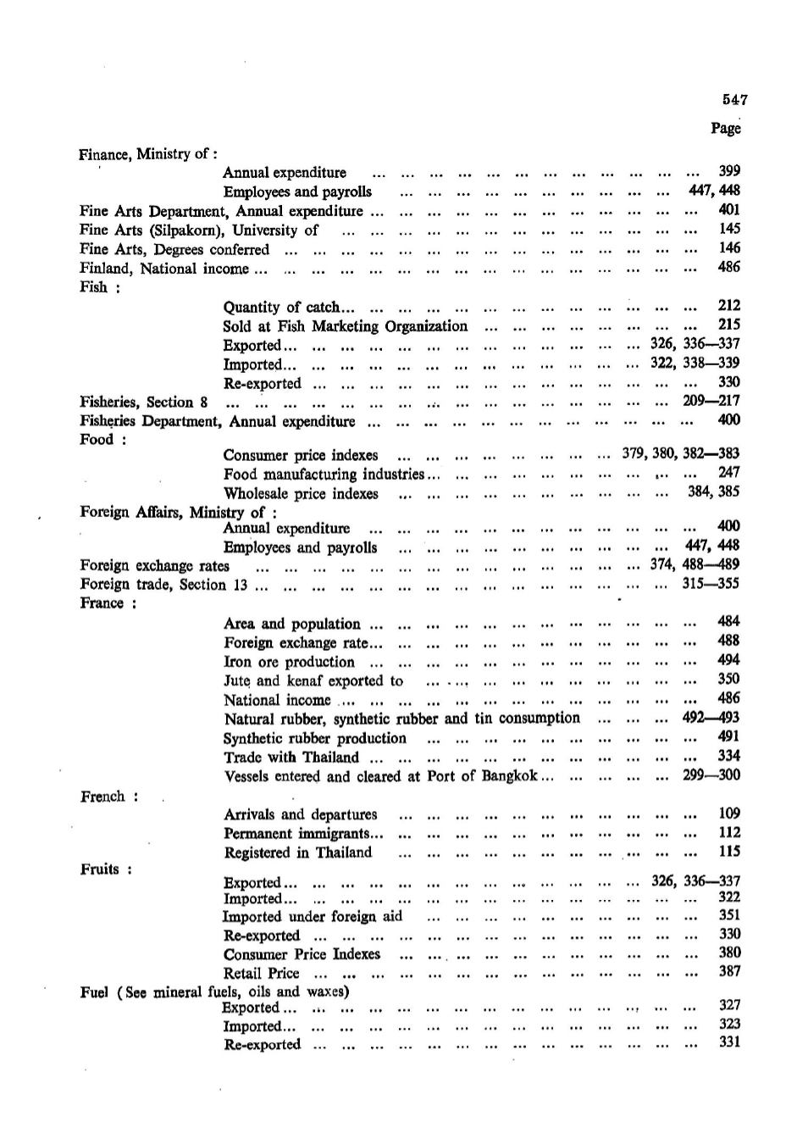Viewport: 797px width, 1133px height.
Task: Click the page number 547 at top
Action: pyautogui.click(x=734, y=99)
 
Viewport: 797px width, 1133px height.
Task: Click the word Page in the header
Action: pyautogui.click(x=726, y=128)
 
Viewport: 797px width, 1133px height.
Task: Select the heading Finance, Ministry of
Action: pyautogui.click(x=148, y=154)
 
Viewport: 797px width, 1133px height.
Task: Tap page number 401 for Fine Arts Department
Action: pyautogui.click(x=728, y=209)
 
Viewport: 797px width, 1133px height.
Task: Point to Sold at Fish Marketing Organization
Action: pyautogui.click(x=345, y=325)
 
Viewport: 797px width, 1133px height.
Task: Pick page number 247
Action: pyautogui.click(x=728, y=473)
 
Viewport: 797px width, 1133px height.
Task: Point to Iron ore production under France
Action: pyautogui.click(x=289, y=662)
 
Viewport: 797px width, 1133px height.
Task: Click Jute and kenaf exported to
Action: pyautogui.click(x=313, y=680)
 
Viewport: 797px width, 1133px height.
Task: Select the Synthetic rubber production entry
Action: pyautogui.click(x=315, y=738)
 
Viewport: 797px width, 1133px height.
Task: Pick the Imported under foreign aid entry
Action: pyautogui.click(x=312, y=916)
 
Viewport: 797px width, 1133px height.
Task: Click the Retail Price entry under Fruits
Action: pyautogui.click(x=261, y=973)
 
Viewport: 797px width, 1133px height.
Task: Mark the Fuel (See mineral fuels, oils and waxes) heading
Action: pyautogui.click(x=215, y=991)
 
